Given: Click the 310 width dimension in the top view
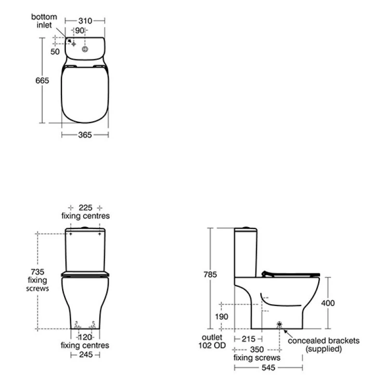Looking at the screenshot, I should coord(85,21).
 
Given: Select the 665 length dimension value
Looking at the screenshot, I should coord(42,81).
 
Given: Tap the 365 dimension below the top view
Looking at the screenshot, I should coord(85,135).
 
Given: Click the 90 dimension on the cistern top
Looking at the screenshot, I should coord(80,30).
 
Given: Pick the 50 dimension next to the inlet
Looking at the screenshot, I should coord(55,51).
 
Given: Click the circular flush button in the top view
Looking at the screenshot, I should coord(85,49).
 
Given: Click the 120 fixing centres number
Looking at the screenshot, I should coord(85,337).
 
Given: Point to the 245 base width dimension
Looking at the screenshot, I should coord(85,355).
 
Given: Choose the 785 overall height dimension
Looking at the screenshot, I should coord(210,275).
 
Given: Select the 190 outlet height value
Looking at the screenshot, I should coord(222,316).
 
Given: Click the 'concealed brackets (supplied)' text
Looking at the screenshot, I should coord(323,345).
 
